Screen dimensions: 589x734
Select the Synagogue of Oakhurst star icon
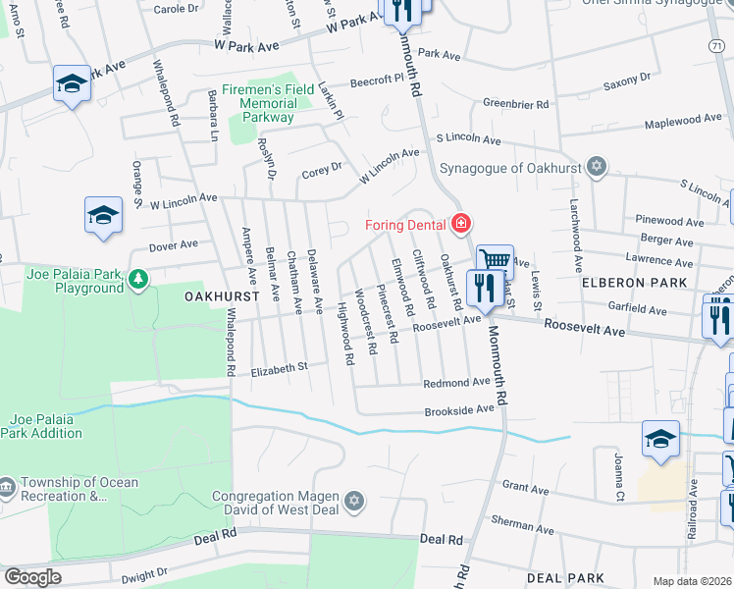pos(595,167)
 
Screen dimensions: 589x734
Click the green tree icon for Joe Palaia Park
pos(139,281)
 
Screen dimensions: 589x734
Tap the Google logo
pos(31,576)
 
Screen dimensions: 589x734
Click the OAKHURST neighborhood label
pos(220,295)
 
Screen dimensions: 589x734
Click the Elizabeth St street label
pos(280,367)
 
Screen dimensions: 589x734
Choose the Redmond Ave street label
pos(456,382)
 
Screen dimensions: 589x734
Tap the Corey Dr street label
pos(321,168)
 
